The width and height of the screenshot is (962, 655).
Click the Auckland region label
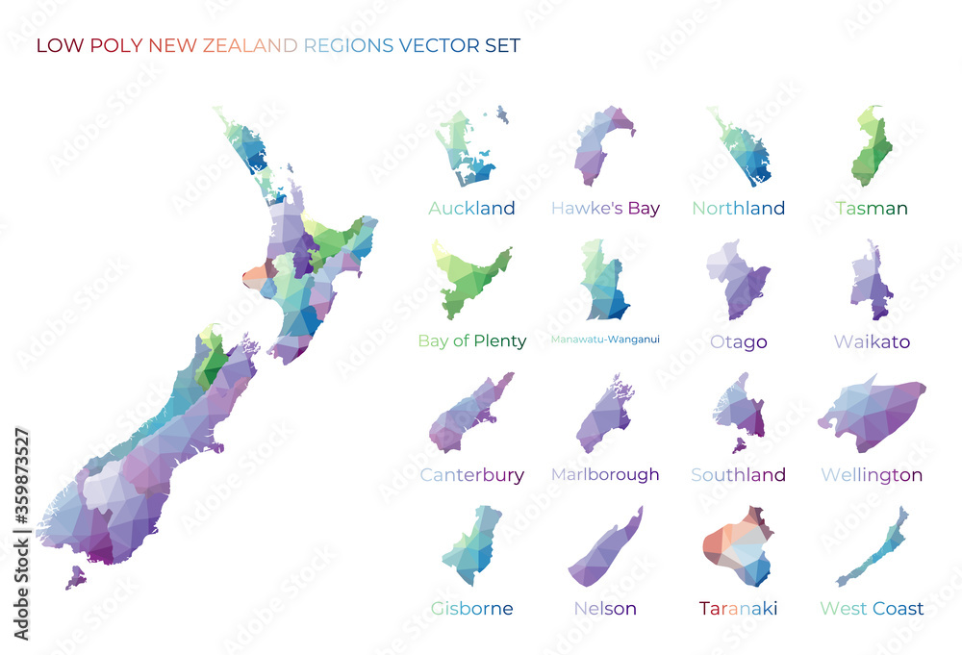coord(471,208)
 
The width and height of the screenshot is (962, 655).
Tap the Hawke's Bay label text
coord(605,208)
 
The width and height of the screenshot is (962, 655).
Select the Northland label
coord(738,208)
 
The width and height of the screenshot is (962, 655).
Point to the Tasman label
coord(872,208)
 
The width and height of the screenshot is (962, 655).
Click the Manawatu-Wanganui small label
coord(605,339)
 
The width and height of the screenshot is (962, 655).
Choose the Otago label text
coord(738,341)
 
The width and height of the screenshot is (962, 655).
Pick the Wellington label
coord(872,474)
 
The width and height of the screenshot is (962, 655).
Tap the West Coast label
coord(872,608)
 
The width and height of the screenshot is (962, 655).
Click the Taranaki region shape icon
coord(738,548)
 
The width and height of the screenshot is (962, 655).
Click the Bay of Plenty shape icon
coord(471,281)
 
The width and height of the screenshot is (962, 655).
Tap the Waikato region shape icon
coord(871,283)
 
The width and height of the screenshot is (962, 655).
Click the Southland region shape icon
coord(739,411)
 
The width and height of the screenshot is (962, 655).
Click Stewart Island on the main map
coord(74,577)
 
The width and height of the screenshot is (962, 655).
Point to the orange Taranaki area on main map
coord(255,277)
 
